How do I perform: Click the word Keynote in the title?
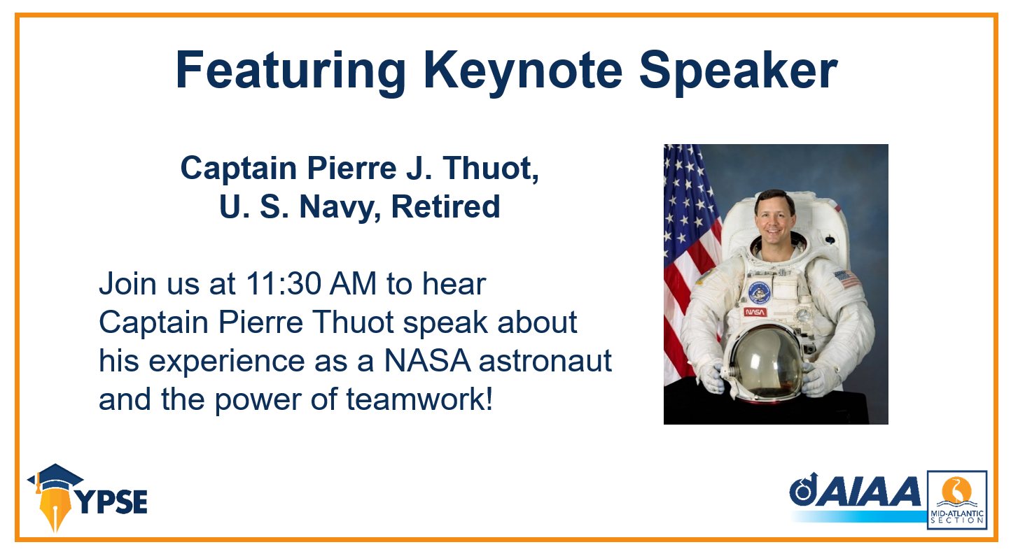(x=523, y=71)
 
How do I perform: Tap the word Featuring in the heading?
(x=291, y=71)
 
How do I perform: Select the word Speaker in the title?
(x=739, y=71)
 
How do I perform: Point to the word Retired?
(x=446, y=207)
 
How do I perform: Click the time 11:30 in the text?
(x=283, y=284)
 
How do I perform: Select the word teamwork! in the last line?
(x=419, y=399)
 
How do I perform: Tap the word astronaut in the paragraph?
(x=545, y=362)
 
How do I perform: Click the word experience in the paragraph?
(x=227, y=362)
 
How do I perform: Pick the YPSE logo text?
(x=113, y=502)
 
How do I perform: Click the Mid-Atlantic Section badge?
(x=957, y=499)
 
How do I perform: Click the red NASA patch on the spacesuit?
(x=755, y=312)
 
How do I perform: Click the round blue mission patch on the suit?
(x=759, y=292)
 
